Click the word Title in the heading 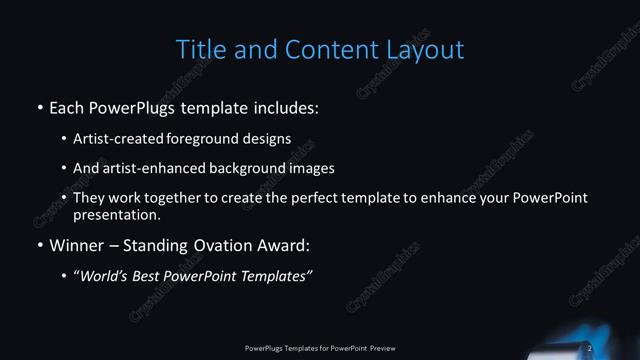(x=200, y=48)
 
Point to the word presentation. (x=117, y=214)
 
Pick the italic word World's (x=105, y=275)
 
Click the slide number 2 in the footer (x=590, y=348)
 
